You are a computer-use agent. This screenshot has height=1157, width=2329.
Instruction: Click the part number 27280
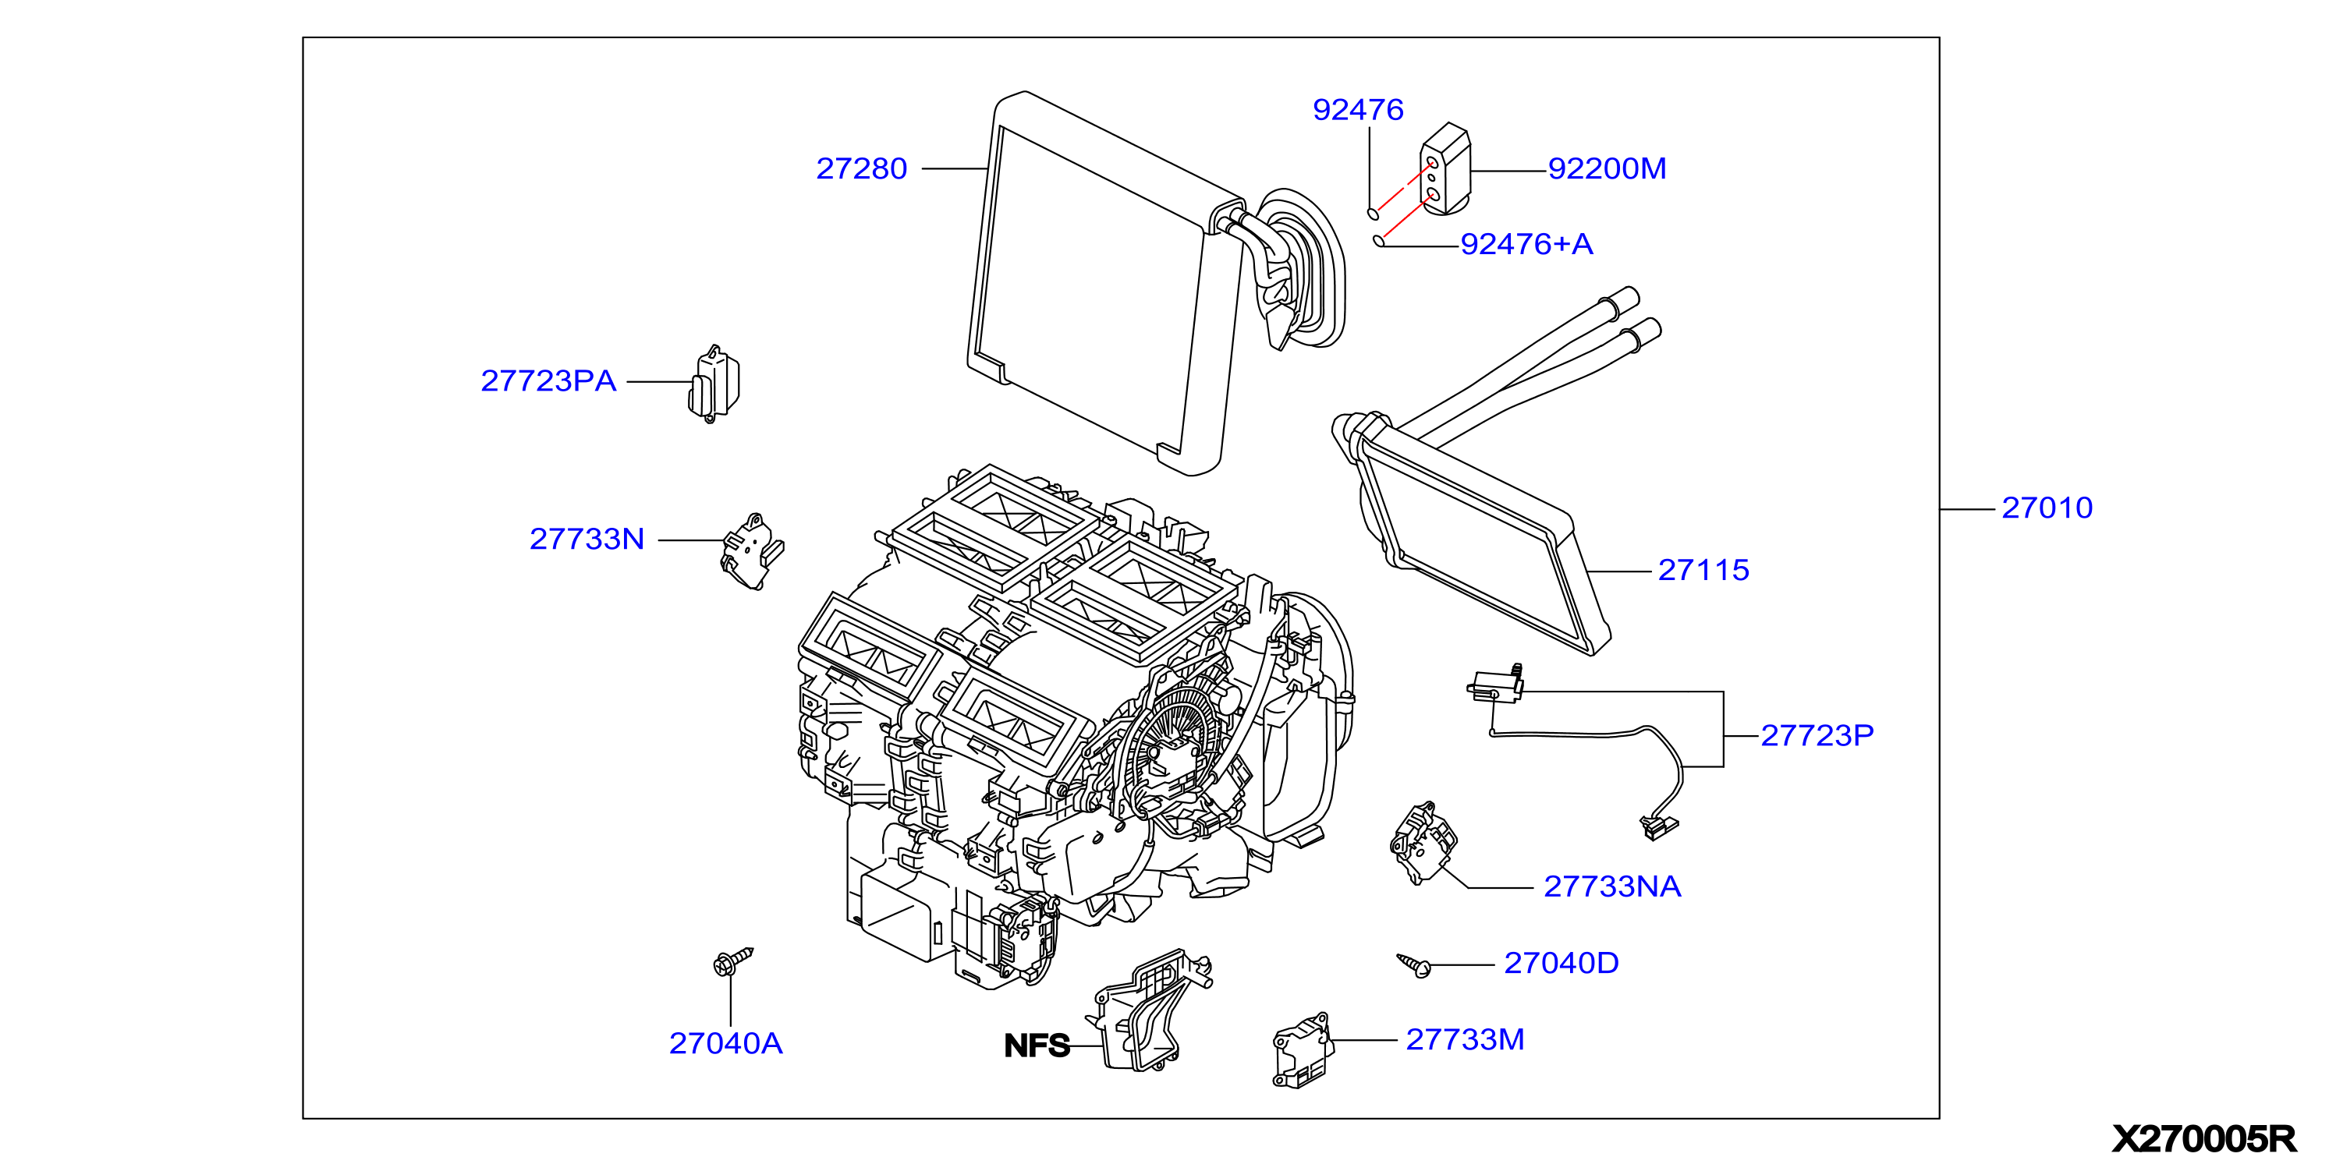pyautogui.click(x=861, y=168)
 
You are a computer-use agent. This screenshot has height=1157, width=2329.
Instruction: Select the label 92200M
pyautogui.click(x=1607, y=168)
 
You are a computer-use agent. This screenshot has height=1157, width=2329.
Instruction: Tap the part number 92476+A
pyautogui.click(x=1526, y=244)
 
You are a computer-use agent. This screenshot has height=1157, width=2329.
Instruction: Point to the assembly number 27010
pyautogui.click(x=2047, y=508)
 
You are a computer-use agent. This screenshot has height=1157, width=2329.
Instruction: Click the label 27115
pyautogui.click(x=1703, y=571)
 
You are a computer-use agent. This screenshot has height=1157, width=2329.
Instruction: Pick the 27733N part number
pyautogui.click(x=587, y=539)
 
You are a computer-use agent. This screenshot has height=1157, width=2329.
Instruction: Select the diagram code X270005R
pyautogui.click(x=2203, y=1139)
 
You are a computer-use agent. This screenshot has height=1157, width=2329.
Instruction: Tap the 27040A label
pyautogui.click(x=725, y=1044)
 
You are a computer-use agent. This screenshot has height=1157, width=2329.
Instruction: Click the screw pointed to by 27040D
pyautogui.click(x=1414, y=965)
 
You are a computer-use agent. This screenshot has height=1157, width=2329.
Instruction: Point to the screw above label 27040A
pyautogui.click(x=732, y=962)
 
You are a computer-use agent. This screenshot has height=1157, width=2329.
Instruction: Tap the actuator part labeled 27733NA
pyautogui.click(x=1423, y=841)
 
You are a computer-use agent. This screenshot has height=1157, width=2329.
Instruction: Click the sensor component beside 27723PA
pyautogui.click(x=714, y=384)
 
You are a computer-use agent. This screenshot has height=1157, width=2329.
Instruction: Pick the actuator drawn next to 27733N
pyautogui.click(x=751, y=552)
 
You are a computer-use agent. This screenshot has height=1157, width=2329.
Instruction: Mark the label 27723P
pyautogui.click(x=1817, y=736)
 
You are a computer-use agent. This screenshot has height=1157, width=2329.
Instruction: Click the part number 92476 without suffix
pyautogui.click(x=1358, y=110)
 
